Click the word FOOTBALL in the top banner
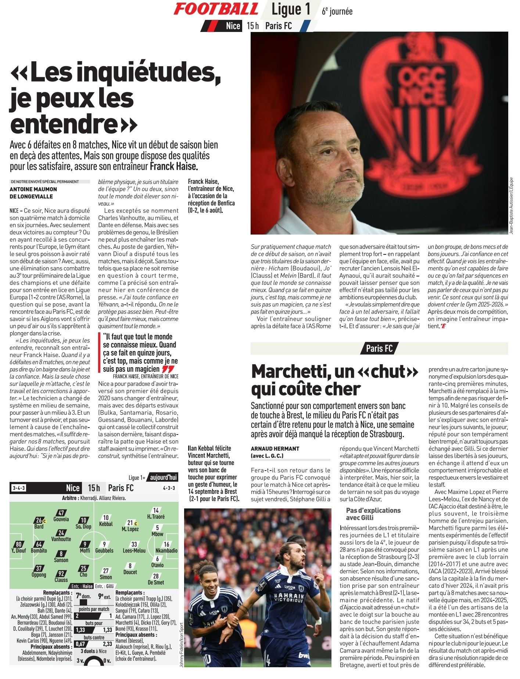point(216,9)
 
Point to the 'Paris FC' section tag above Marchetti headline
point(379,348)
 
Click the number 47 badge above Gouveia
point(61,513)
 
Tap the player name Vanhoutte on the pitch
point(61,539)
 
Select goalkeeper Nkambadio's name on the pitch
point(166,551)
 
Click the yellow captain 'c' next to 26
point(44,521)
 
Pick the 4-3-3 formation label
point(169,488)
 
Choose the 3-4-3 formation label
point(18,488)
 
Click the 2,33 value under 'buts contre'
point(107,644)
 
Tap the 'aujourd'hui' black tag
point(163,477)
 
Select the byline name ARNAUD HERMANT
point(275,449)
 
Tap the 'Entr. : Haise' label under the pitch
point(82,586)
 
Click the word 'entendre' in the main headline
point(63,124)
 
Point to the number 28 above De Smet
point(156,576)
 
